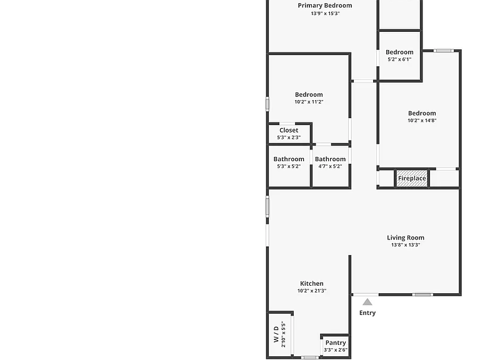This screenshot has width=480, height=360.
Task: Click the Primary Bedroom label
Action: tap(325, 6)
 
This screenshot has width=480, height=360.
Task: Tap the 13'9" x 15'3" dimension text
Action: tap(325, 14)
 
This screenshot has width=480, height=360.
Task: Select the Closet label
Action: tap(289, 130)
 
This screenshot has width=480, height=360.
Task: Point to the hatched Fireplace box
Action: tap(412, 178)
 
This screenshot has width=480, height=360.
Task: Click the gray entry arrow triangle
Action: tap(367, 302)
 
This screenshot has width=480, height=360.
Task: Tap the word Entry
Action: tap(367, 313)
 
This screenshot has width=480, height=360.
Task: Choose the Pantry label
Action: tap(336, 342)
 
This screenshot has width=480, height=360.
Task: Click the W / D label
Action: tap(276, 334)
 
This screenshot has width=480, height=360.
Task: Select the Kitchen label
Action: tap(312, 284)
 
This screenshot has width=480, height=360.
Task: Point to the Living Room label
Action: tap(406, 237)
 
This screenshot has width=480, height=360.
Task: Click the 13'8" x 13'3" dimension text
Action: tap(406, 245)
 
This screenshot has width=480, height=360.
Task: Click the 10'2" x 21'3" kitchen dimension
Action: tap(312, 291)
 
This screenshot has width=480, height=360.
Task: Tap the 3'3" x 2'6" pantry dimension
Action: tap(336, 350)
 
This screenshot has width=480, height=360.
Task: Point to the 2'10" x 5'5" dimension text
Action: tap(284, 334)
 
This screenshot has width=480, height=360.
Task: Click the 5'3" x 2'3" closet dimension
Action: tap(289, 137)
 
